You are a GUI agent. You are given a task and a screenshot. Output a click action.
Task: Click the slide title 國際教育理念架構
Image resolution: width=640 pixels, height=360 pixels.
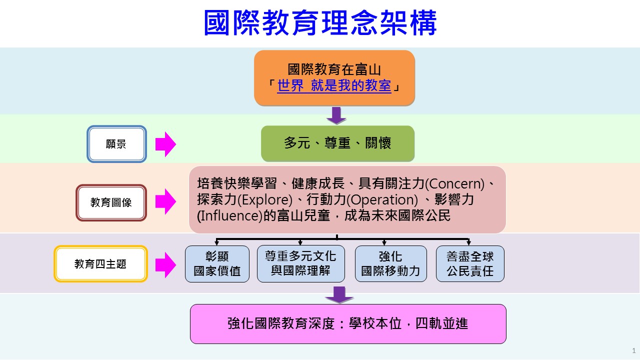point(320,23)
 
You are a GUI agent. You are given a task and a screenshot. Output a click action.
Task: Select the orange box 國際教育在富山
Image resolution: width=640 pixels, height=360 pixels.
point(334,77)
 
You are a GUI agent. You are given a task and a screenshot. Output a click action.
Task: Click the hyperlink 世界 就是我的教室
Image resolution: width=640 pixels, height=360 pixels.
point(334,85)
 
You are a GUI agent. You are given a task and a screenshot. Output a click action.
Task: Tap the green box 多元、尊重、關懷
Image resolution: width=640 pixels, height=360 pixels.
point(337,143)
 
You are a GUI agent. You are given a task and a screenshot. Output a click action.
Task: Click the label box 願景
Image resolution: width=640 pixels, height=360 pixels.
point(117,144)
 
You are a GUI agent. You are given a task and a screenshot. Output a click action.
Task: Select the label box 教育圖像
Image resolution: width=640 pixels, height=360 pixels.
point(111,202)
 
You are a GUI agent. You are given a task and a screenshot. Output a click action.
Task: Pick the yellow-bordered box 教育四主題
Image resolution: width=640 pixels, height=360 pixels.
point(101,263)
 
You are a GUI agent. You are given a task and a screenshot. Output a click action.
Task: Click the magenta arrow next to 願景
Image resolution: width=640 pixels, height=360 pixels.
point(165,144)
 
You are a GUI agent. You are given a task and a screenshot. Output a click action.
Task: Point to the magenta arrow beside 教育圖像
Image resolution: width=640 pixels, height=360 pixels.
point(165,201)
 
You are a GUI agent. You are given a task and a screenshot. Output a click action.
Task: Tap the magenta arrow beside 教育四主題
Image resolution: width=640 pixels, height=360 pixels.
point(165,265)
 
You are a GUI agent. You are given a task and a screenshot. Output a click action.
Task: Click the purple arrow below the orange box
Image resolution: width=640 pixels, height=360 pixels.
point(336,115)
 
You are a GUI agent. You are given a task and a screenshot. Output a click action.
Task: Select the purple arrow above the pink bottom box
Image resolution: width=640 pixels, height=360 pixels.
point(339,294)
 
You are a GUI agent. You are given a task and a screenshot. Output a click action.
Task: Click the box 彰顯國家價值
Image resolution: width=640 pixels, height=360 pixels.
point(217,264)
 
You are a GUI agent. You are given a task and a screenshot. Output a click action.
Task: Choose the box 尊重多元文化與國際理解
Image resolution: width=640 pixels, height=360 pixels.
point(301,263)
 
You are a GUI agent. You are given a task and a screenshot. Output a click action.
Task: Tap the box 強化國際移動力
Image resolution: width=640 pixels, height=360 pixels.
point(391,263)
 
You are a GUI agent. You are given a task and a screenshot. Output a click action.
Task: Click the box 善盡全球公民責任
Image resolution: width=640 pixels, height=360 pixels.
point(470,263)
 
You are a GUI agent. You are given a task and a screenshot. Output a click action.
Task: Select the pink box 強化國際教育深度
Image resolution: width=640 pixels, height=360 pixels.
point(348,324)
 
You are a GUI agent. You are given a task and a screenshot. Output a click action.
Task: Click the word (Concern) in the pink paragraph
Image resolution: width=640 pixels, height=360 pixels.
point(455,183)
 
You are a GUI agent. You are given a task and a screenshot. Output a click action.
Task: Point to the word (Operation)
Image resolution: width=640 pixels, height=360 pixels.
point(382,199)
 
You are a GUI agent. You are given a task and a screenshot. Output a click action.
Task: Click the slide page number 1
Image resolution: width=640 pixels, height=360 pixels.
point(633,350)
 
